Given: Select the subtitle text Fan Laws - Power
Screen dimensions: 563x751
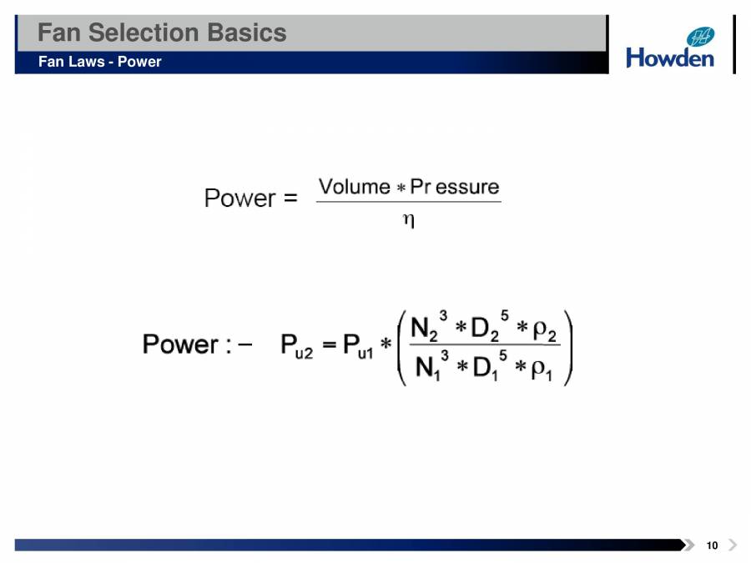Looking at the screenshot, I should click(x=99, y=62).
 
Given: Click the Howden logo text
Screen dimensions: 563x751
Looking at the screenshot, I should click(x=670, y=58).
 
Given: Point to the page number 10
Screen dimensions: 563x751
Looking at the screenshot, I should click(x=711, y=545).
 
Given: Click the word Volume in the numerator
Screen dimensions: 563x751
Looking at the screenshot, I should click(x=355, y=187).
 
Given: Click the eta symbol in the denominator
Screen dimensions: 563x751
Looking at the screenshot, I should click(x=409, y=220).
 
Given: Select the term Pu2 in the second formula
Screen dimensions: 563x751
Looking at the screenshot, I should click(x=296, y=345).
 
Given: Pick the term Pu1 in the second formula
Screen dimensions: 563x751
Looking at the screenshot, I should click(x=357, y=345).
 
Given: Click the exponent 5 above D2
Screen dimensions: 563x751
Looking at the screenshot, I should click(x=505, y=315).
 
